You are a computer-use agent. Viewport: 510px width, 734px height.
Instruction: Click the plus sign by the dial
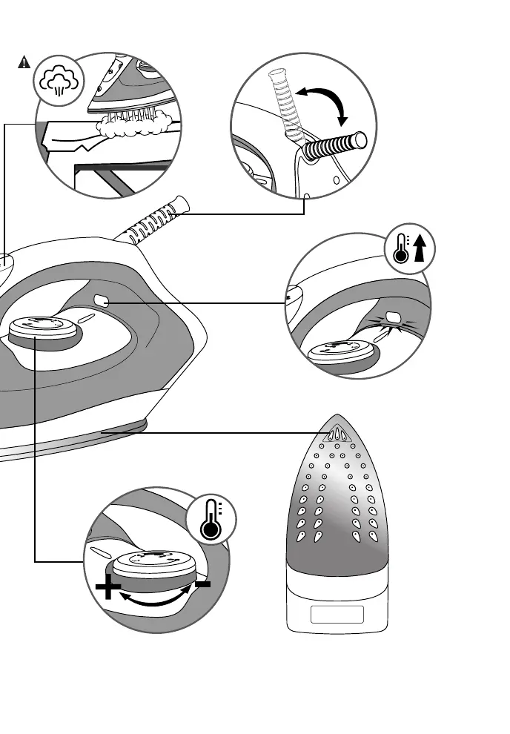[108, 590]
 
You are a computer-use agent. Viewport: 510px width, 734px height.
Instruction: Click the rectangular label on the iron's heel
[337, 615]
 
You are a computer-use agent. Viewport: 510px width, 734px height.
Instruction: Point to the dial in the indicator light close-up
[343, 351]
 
